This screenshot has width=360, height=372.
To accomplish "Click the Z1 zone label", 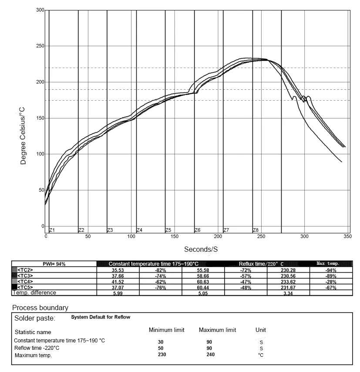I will coord(52,230).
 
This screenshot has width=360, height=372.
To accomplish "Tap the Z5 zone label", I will coord(168,230).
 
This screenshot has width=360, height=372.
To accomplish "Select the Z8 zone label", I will coord(256,230).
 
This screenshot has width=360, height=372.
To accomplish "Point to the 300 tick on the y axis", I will coord(40,10).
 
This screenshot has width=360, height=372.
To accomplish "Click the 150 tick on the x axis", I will coord(175,236).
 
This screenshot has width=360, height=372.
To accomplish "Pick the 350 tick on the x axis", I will coord(347,236).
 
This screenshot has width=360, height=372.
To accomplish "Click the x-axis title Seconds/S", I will coord(201,249).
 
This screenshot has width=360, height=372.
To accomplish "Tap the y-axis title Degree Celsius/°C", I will coord(24,136).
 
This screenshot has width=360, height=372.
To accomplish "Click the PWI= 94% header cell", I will coord(54,264).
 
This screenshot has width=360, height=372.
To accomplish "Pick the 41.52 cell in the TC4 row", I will coord(118,281).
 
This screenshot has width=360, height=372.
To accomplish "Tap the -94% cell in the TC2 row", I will coord(331,270).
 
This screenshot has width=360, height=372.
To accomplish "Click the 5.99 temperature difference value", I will coord(118,293).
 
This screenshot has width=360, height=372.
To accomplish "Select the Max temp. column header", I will coord(330,264).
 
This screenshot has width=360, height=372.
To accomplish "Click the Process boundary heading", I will coord(40,308).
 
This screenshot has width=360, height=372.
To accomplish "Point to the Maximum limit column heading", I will coord(217,330).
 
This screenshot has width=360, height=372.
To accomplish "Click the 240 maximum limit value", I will coord(210,355).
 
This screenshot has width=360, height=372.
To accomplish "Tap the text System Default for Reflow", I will coord(101,317).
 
